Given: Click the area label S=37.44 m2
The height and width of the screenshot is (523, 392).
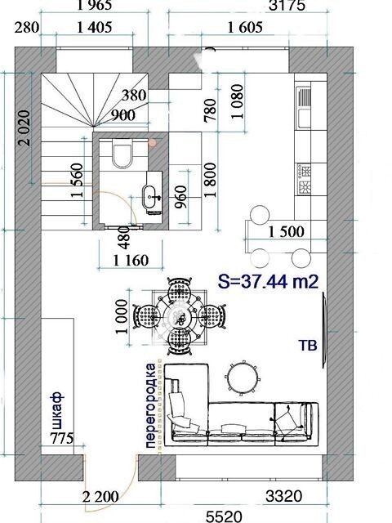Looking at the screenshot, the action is click(269, 282).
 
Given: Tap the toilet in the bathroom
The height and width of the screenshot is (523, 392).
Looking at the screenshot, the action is click(122, 154).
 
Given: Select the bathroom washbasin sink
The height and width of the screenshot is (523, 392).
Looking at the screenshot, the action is click(151, 197).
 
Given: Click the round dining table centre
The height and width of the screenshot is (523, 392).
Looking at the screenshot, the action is click(180, 315).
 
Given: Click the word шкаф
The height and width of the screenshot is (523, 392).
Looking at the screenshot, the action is click(57, 410).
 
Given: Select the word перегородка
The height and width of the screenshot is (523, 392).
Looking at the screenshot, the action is click(150, 405).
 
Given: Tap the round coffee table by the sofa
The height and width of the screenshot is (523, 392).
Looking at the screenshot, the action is click(243, 378).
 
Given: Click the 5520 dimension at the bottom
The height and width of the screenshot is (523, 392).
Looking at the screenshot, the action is click(224, 516).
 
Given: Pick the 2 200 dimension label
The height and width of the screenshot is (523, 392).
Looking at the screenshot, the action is click(100, 497).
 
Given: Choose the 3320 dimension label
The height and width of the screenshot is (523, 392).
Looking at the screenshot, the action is click(283, 496).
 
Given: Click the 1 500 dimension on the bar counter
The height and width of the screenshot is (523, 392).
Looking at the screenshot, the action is click(287, 232).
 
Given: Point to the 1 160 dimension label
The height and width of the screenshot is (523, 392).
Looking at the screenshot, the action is click(131, 261).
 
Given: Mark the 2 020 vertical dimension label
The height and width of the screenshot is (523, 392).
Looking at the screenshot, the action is click(24, 127).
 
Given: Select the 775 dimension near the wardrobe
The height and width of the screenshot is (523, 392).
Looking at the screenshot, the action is click(62, 438).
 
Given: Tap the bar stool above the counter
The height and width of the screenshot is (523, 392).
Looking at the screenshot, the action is click(260, 215).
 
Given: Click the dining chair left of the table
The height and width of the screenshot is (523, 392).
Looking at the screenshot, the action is click(146, 315).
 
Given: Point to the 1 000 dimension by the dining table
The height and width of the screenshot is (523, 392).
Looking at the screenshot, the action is click(122, 317).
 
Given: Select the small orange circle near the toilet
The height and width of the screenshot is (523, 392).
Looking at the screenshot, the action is click(153, 143).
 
